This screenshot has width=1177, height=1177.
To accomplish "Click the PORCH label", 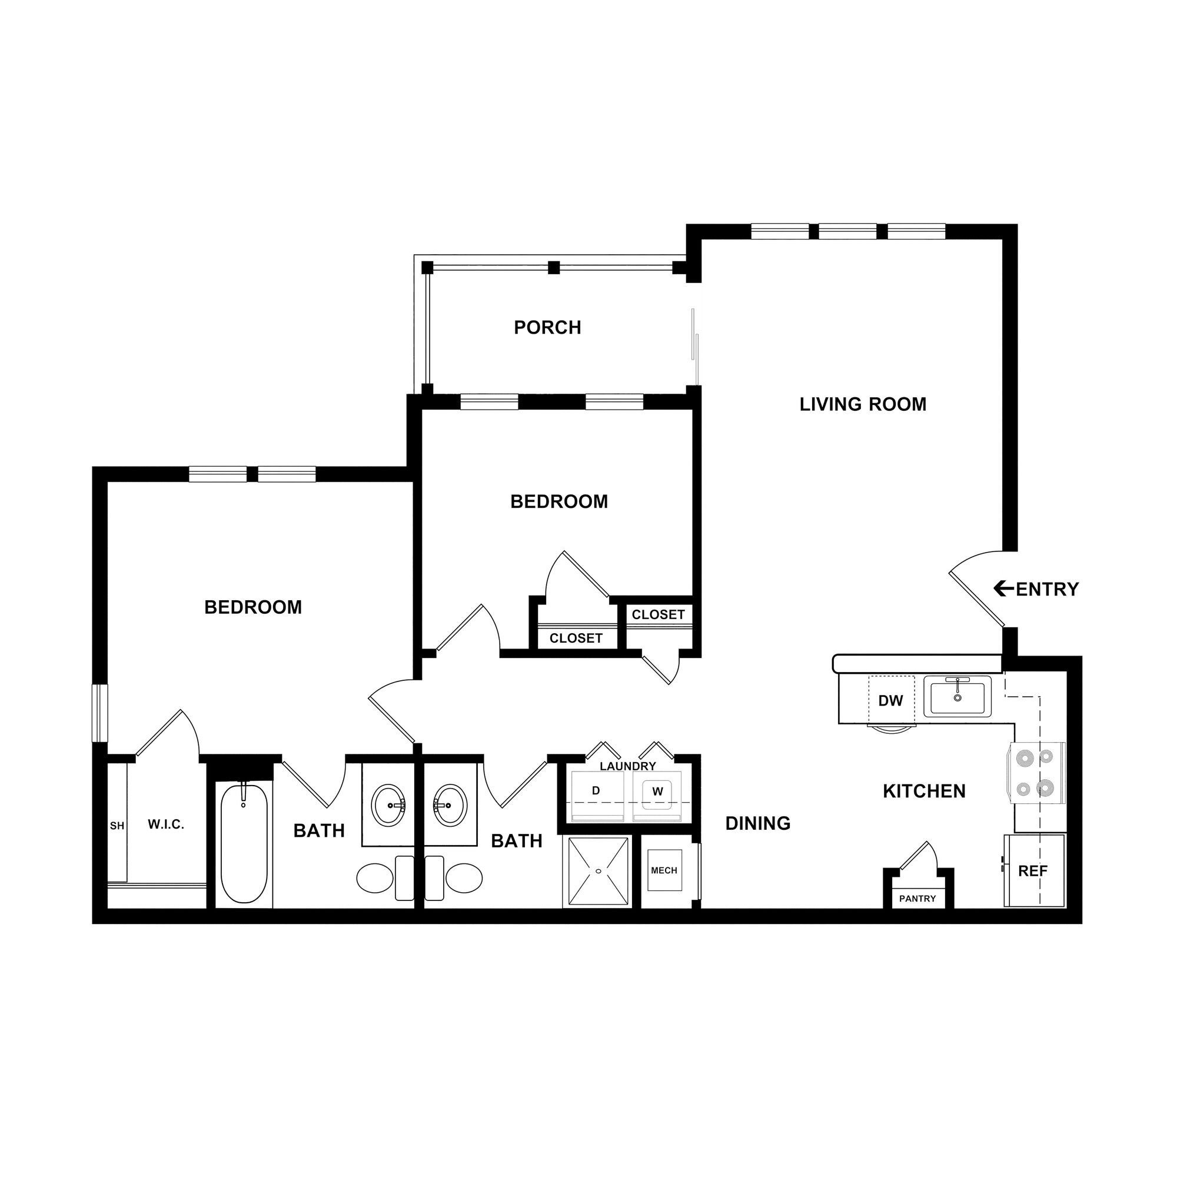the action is (547, 328).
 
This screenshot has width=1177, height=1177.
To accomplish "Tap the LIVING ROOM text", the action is (863, 404).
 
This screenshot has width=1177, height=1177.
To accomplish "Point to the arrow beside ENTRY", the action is (1003, 588).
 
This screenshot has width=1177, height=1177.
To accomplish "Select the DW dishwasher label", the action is (890, 700).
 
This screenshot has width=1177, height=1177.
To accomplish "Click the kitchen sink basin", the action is (957, 696).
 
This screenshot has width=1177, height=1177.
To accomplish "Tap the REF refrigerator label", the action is (1033, 871).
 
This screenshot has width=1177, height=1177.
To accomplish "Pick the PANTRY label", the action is (917, 899).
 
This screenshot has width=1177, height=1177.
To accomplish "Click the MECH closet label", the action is (664, 870).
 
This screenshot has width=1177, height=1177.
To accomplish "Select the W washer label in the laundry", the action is (657, 792).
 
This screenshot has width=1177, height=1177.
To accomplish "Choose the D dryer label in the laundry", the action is (596, 791).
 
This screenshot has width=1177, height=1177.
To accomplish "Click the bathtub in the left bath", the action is (244, 844).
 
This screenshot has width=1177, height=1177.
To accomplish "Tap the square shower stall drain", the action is (599, 870).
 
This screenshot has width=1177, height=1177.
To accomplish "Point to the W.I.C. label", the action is (166, 825).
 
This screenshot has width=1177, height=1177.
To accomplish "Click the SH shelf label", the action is (117, 826).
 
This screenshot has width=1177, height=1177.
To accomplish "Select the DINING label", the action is (758, 824).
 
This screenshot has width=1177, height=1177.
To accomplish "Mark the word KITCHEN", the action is (924, 792).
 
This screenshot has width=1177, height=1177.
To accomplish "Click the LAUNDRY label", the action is (627, 766).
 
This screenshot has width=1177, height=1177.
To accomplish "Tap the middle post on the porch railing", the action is (553, 267).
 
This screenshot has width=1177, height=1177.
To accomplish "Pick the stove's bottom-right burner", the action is (1045, 789).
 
